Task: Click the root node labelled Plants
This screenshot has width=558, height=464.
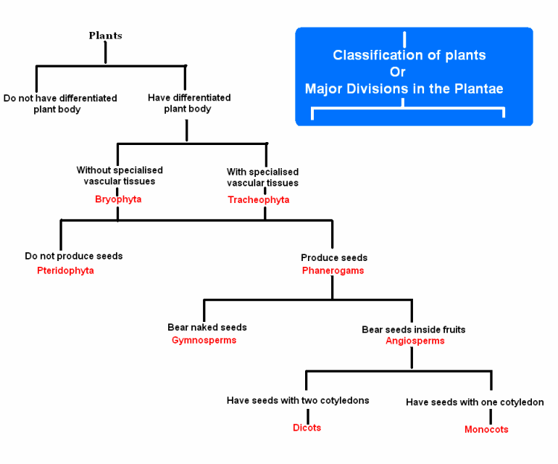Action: (105, 36)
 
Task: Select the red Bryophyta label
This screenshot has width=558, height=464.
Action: (118, 199)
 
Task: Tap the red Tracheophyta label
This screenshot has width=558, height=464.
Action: (259, 200)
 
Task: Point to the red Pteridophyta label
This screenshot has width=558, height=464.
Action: (65, 270)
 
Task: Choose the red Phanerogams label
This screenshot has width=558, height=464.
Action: (333, 270)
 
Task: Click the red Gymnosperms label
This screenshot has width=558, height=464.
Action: (204, 340)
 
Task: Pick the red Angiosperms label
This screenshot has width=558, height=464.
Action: (415, 341)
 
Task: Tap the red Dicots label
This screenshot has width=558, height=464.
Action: (307, 428)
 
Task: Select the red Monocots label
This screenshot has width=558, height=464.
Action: (486, 429)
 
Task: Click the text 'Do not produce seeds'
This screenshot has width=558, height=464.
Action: (74, 256)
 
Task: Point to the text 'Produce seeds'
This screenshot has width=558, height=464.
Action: (334, 257)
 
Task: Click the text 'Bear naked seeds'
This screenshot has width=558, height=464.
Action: (207, 327)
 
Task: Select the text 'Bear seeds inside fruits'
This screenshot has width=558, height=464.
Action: (414, 329)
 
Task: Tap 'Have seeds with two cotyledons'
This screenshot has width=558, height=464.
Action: (298, 401)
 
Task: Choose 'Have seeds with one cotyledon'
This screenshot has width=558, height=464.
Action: (475, 402)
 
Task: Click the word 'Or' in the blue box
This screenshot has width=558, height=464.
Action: (398, 72)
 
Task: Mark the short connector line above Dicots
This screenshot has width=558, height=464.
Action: (308, 416)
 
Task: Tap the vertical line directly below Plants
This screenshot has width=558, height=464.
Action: (105, 52)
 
